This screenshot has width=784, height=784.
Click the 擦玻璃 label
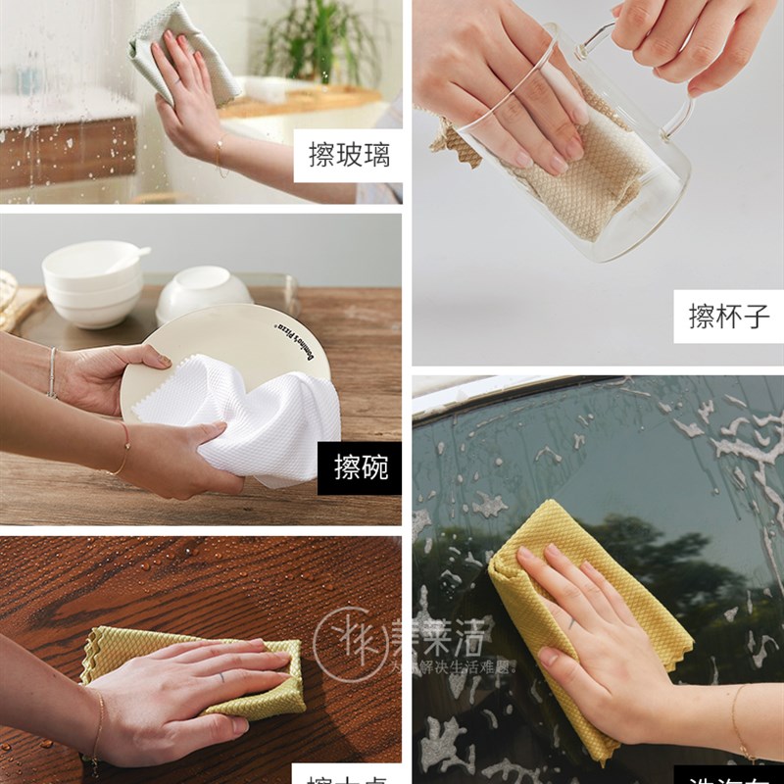347,156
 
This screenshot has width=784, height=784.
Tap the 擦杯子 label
728,317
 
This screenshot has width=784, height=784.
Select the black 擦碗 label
360,467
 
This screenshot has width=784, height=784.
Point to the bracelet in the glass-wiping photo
220,153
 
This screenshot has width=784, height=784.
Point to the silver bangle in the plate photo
52,371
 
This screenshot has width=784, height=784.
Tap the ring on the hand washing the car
571,621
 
